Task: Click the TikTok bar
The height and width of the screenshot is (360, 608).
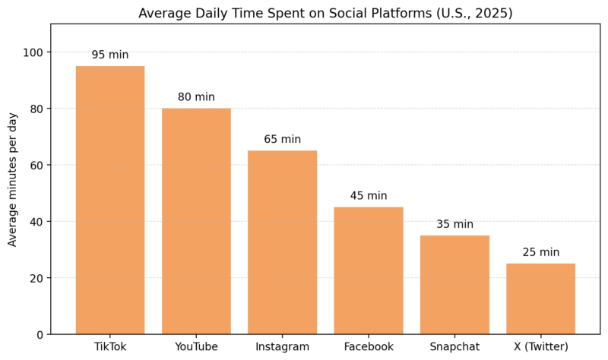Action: (110, 200)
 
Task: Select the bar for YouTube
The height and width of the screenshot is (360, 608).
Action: (196, 221)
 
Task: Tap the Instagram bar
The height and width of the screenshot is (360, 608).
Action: (282, 242)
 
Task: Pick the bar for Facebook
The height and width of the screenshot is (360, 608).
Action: (369, 270)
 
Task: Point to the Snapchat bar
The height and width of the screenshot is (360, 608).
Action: (454, 285)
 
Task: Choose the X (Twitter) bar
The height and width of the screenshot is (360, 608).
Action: (540, 298)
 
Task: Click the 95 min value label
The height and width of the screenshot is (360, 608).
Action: (110, 55)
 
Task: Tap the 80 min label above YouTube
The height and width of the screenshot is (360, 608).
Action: (196, 97)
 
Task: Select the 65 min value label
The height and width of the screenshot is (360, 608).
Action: (282, 140)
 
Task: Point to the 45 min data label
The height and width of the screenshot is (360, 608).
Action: (369, 196)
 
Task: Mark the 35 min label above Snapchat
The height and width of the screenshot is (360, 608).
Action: (454, 224)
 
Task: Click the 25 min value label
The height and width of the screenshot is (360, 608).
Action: (540, 252)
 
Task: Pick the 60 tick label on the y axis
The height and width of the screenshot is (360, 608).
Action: (36, 165)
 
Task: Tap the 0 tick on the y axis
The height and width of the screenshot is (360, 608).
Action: (40, 334)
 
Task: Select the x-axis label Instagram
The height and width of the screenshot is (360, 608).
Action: (282, 347)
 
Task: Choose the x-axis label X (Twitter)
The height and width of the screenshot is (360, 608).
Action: (540, 347)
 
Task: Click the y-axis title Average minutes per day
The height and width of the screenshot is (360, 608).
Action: (13, 180)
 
